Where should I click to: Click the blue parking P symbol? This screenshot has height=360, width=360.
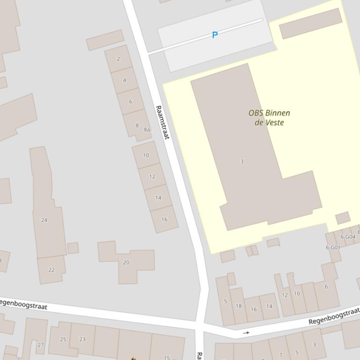(215, 35)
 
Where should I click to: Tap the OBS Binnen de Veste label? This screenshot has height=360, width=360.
(269, 118)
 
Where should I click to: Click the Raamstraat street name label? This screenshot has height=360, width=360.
(162, 122)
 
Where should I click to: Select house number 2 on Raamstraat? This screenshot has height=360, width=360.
(118, 59)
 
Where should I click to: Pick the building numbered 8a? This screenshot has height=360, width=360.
(147, 130)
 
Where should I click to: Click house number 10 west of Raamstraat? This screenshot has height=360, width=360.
(146, 155)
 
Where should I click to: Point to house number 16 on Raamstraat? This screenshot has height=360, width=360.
(164, 219)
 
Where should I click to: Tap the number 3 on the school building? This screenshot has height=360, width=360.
(242, 161)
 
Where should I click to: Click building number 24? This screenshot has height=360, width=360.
(44, 220)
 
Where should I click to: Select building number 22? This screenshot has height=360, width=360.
(51, 270)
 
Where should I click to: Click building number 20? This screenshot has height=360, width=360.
(126, 263)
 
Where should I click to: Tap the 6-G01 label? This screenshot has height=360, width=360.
(333, 247)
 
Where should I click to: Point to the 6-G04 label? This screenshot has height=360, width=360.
(348, 237)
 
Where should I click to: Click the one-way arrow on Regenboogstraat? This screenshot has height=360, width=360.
(246, 333)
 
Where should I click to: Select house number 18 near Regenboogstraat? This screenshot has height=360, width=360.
(239, 306)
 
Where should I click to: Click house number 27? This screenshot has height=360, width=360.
(41, 345)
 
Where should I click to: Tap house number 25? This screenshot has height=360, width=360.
(63, 339)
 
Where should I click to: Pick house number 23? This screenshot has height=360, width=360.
(82, 339)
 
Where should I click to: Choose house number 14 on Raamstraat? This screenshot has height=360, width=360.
(158, 198)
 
